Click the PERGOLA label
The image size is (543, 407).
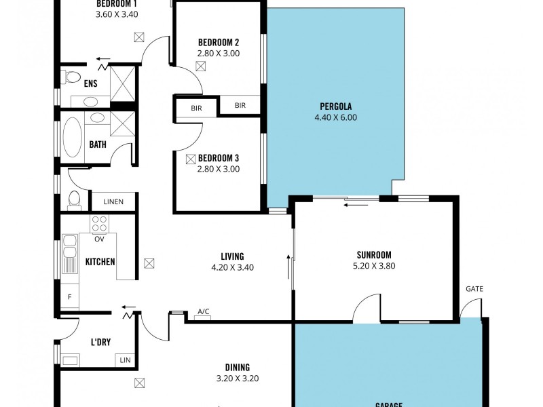pos(335,106)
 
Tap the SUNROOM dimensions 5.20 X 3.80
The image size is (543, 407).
pos(373,266)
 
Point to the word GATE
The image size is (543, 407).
pos(474,289)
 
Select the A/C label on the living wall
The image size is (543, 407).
pos(203,312)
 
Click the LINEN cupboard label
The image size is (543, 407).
pos(114,202)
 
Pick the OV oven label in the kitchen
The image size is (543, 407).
pos(99,238)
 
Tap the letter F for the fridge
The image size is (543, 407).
pos(69,296)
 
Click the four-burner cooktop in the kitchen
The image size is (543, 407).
pos(99,223)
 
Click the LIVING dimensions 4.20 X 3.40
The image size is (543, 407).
pos(232,267)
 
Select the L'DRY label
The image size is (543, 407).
pos(100,343)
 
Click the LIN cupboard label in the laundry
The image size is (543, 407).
pos(125,360)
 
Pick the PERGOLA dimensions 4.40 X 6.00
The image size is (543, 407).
pos(335,117)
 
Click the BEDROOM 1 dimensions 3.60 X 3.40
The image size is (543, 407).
pos(117,13)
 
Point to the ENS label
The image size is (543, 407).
pos(91,84)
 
